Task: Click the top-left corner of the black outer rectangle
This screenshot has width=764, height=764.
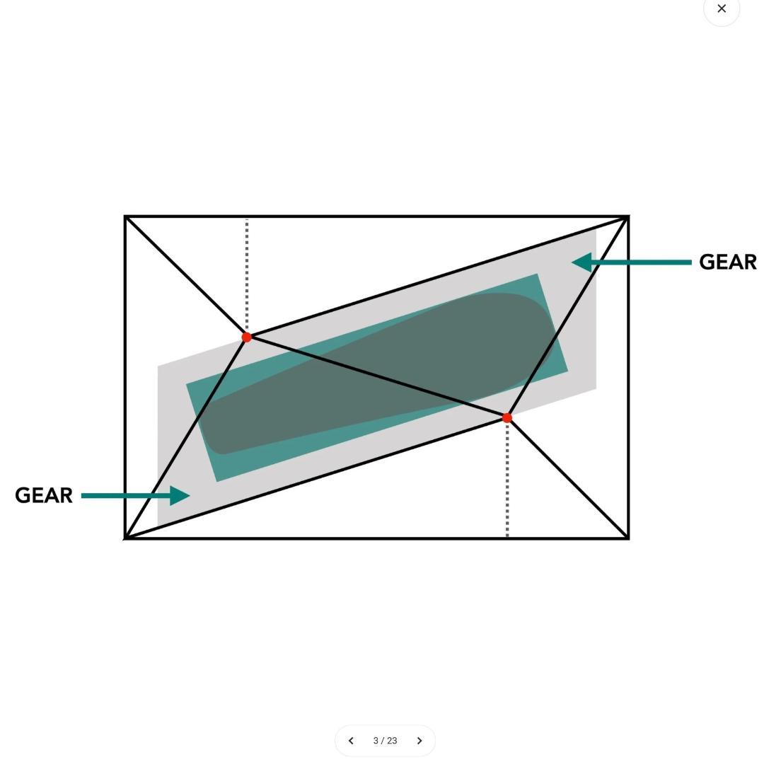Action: point(125,216)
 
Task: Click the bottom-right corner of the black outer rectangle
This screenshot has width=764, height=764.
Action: point(628,538)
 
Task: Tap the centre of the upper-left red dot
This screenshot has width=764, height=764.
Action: point(247,337)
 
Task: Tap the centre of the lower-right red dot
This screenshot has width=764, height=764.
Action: point(507,417)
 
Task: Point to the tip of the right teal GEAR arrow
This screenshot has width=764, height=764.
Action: point(572,262)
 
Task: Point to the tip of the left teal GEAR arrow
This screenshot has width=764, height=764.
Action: point(190,495)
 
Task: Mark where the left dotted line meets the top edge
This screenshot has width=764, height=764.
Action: point(247,218)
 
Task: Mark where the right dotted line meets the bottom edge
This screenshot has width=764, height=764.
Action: point(507,537)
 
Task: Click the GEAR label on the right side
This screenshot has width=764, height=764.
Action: point(727,262)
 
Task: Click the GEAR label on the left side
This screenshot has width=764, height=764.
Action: point(44,495)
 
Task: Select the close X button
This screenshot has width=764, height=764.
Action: point(722,8)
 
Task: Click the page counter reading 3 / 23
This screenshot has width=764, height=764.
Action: point(385,741)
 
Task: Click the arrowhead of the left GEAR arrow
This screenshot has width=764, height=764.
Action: point(179,495)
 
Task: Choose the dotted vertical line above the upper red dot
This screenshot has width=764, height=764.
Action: point(247,274)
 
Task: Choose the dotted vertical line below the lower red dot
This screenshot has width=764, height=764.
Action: point(507,480)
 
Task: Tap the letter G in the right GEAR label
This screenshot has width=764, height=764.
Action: point(707,262)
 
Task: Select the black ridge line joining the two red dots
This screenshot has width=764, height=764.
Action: point(376,377)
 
